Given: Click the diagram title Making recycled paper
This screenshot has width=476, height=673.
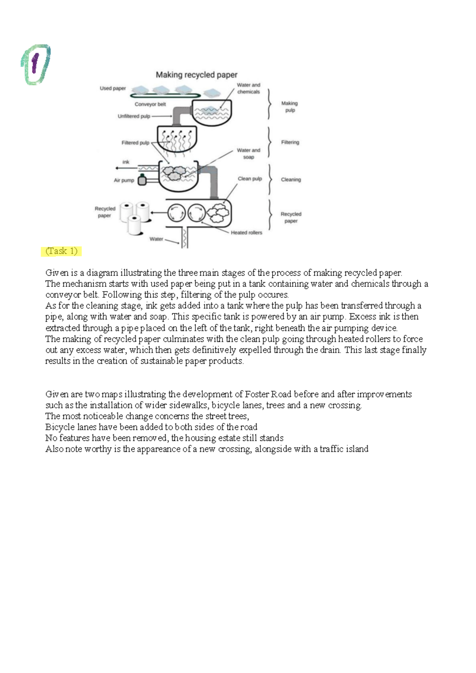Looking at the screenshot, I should coord(196,75).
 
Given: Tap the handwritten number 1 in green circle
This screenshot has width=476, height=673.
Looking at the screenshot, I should coord(35,64).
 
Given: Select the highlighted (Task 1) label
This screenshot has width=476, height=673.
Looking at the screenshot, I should coord(61,251).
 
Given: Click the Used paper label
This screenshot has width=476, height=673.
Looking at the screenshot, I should coord(113,88).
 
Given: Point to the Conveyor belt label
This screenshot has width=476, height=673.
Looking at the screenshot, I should coord(150,104).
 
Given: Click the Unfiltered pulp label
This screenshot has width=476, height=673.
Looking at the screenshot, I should coord(134,116).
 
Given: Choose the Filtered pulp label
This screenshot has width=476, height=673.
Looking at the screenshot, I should coord(135,143).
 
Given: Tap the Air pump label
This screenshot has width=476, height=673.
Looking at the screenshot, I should coord(124,180).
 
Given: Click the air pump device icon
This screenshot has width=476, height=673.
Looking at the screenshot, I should coord(142,180).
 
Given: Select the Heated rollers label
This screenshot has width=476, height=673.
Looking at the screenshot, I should coord(246,233).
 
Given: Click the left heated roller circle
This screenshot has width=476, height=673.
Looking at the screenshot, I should coord(176,213).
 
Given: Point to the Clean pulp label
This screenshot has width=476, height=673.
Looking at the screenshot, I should coord(250,179).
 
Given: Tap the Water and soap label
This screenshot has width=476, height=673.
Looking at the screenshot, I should coord(248,154).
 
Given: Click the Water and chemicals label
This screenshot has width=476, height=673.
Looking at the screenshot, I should coord(248,88).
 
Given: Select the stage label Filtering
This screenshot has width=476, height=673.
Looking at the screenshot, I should coord(290,142).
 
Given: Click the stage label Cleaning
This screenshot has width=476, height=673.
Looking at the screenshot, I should coord(291,180).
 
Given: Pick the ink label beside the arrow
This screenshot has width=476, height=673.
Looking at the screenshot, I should coord(126,162).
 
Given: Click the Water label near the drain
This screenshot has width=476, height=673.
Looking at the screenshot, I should coord(156,239).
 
